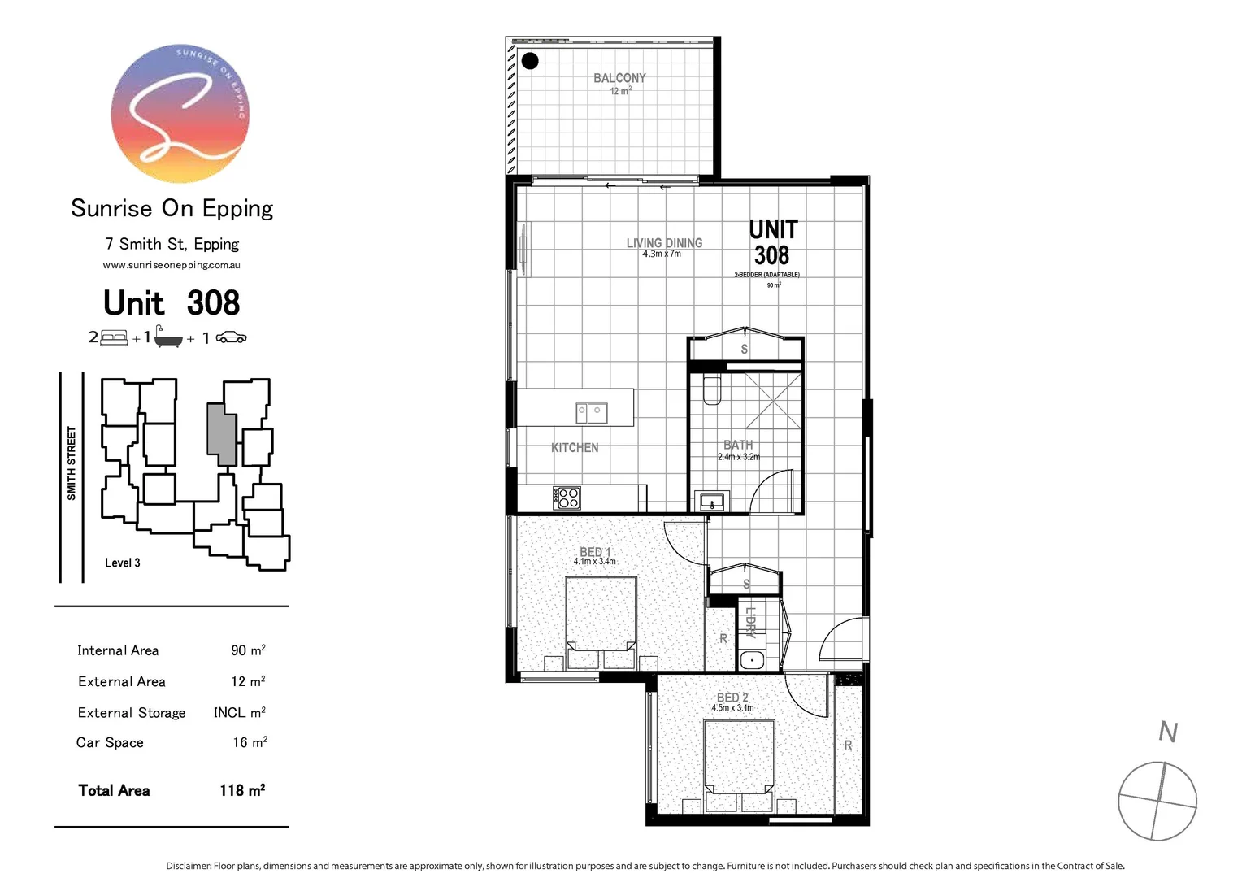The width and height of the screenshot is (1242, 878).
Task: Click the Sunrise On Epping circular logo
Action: [x=180, y=113]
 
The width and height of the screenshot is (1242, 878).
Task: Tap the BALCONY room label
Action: [x=619, y=78]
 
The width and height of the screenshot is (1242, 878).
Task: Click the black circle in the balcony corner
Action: [x=530, y=61]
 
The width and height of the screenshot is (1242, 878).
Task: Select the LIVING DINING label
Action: [x=664, y=243]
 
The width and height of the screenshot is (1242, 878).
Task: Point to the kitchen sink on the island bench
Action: [x=591, y=413]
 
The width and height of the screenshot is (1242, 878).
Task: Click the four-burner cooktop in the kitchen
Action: [x=567, y=498]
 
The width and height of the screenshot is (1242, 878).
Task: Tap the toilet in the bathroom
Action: [x=712, y=390]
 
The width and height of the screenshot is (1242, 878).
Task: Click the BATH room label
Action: [x=738, y=445]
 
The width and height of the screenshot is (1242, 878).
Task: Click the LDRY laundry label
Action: [x=751, y=622]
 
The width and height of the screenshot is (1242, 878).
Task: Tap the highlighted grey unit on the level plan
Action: [x=221, y=434]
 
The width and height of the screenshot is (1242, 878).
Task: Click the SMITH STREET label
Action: [x=72, y=463]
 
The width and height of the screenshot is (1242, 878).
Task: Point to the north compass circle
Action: [x=1157, y=801]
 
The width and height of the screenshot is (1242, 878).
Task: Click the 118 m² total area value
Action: [x=242, y=790]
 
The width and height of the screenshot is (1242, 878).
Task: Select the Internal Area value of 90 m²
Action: [x=248, y=650]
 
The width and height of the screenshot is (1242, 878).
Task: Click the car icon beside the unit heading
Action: [x=231, y=337]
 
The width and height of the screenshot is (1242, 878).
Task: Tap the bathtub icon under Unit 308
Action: [x=168, y=337]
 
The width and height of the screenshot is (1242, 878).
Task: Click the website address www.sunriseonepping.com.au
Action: [x=172, y=265]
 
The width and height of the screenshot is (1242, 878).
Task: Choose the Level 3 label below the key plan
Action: [x=123, y=563]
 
